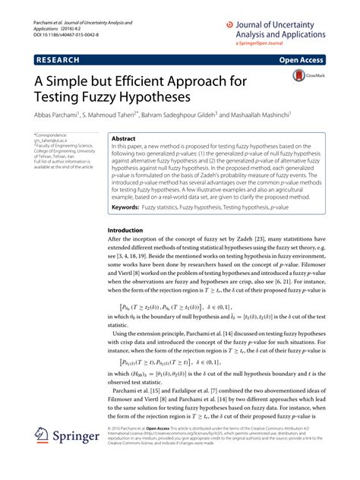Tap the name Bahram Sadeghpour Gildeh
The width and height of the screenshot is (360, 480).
[185, 115]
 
